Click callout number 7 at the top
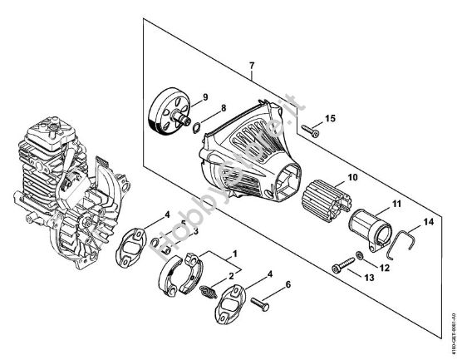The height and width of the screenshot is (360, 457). (250, 65)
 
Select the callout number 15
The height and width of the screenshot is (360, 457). (331, 120)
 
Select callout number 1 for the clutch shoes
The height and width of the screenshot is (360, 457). (235, 252)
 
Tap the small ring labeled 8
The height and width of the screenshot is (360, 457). (193, 127)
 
